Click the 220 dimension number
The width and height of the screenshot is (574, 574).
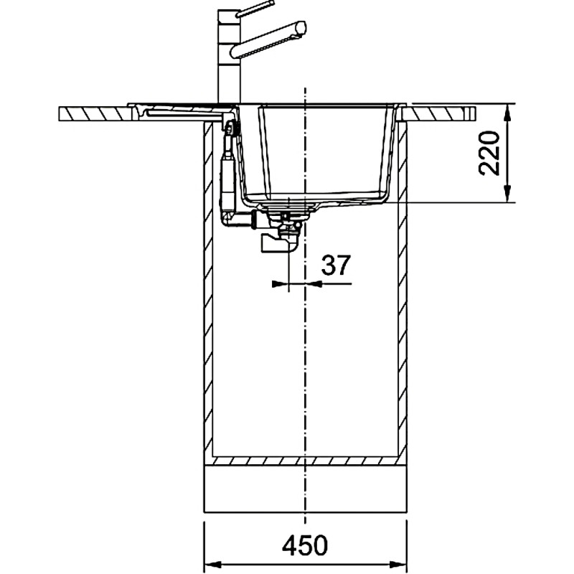tap(489, 153)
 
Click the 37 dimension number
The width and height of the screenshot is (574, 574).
tap(336, 265)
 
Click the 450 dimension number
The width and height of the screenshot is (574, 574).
tap(305, 545)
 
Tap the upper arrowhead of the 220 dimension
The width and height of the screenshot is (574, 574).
tap(507, 113)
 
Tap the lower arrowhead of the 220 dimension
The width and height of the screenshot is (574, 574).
tap(507, 194)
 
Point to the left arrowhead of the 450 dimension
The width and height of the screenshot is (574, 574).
tap(212, 564)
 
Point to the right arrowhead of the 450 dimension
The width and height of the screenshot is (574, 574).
tap(398, 564)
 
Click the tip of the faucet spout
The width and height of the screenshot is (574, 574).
tap(302, 28)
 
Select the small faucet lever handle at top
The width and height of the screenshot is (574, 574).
tap(255, 9)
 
